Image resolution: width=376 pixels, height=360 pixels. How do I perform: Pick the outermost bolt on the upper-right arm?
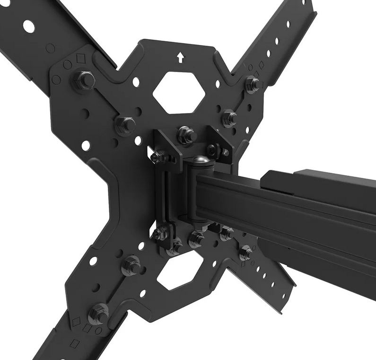pos(253,84)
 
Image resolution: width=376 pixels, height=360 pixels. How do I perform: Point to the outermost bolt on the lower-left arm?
pos(98,313)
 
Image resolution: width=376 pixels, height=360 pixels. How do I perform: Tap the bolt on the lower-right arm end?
pos(245,252)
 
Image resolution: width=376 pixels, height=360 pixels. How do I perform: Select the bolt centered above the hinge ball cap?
pos(187,135)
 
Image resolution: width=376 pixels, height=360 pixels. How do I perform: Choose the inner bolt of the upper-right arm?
pos(229,117)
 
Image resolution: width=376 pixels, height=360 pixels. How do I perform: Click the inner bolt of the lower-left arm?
pos(131,265)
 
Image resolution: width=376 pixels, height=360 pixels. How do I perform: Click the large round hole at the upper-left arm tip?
pos(29,26)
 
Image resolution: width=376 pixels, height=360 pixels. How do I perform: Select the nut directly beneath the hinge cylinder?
pos(196,238)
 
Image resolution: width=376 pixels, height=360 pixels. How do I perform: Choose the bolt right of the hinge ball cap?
pos(216,151)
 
